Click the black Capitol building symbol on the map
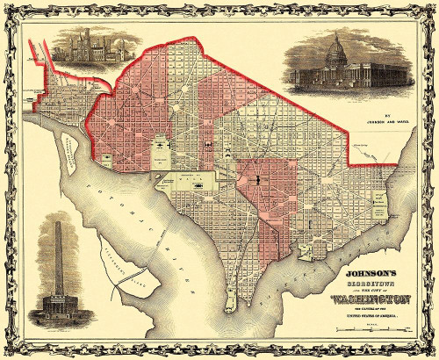click(x=259, y=179)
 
